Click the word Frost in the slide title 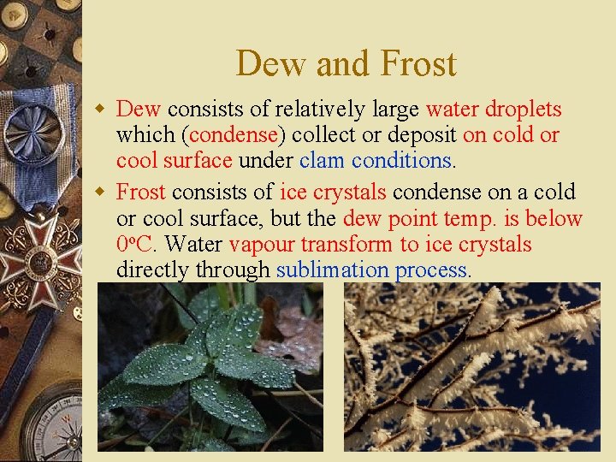pos(418,64)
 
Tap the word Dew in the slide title pos(266,64)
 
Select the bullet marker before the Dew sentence pos(100,110)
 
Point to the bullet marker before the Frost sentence pos(100,192)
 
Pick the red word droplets pos(523,110)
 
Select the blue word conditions pos(403,161)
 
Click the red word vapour pos(261,245)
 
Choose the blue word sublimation pos(332,270)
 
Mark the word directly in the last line pos(152,270)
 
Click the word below pos(554,219)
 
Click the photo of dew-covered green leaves pos(210,367)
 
